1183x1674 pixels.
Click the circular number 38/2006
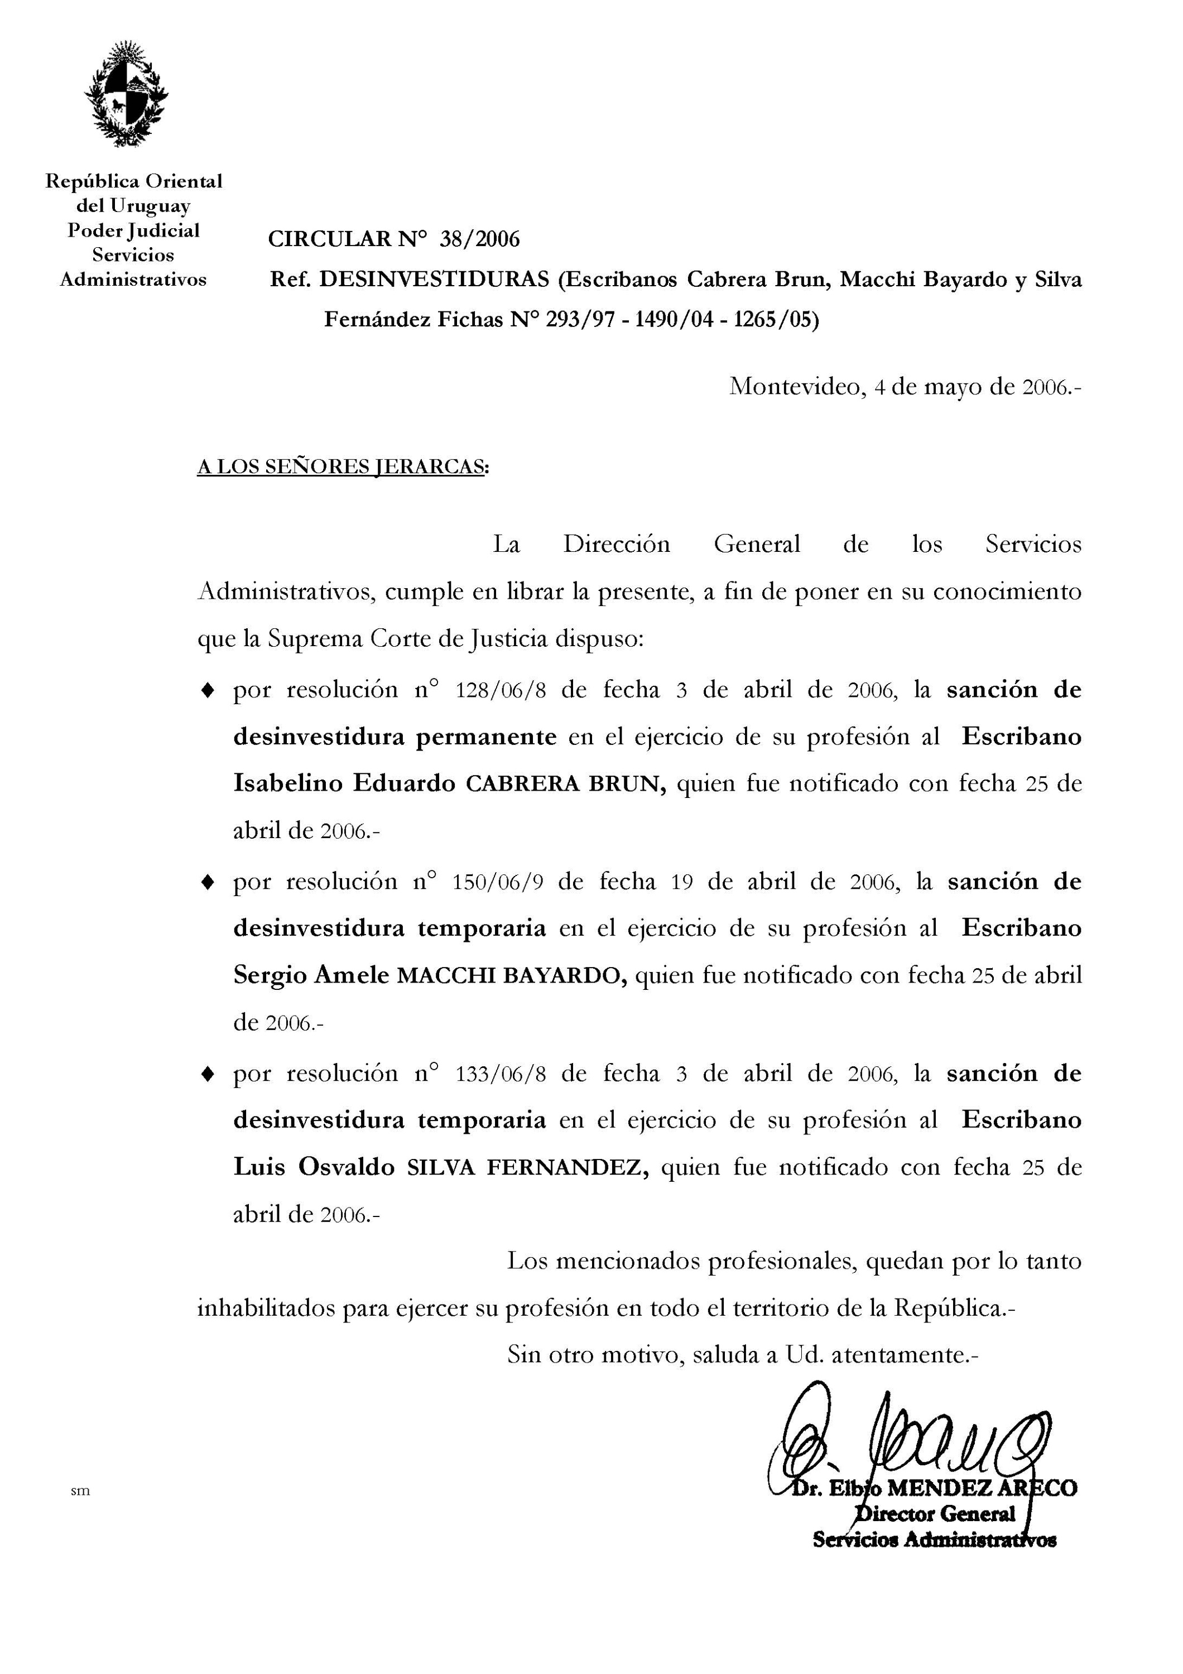coord(479,239)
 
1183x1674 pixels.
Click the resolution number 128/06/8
coord(500,690)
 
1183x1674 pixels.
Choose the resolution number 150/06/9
coord(498,882)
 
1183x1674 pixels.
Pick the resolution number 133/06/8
coord(500,1074)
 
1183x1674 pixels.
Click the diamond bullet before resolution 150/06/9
coord(208,882)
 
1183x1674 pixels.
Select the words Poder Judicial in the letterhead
coord(133,230)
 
